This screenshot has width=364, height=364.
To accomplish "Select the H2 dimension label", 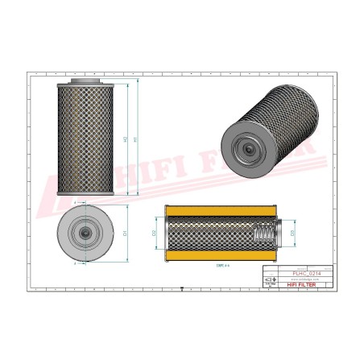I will coord(125,139).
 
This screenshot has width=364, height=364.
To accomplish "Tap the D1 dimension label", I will coord(126,233).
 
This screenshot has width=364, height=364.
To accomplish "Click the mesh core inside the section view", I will coord(209,234).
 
